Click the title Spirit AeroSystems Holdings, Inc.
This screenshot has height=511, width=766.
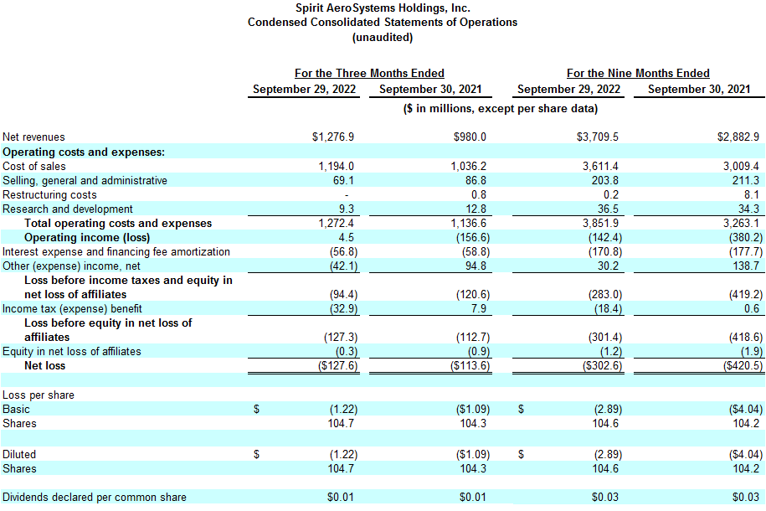pos(383,8)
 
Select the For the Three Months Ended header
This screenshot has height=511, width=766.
pos(369,73)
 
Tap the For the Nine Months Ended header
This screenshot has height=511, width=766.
pos(638,73)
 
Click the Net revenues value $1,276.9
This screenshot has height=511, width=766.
pos(334,137)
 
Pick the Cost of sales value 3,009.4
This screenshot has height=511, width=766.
pos(739,166)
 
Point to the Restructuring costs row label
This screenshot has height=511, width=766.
pos(49,194)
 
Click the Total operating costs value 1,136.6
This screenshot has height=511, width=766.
pos(469,223)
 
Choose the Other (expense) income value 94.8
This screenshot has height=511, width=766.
pos(473,266)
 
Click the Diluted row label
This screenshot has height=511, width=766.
pos(19,454)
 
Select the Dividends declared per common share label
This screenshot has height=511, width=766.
pos(95,498)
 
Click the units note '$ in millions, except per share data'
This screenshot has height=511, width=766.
pos(500,108)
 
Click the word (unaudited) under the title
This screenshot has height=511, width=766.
pos(383,37)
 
